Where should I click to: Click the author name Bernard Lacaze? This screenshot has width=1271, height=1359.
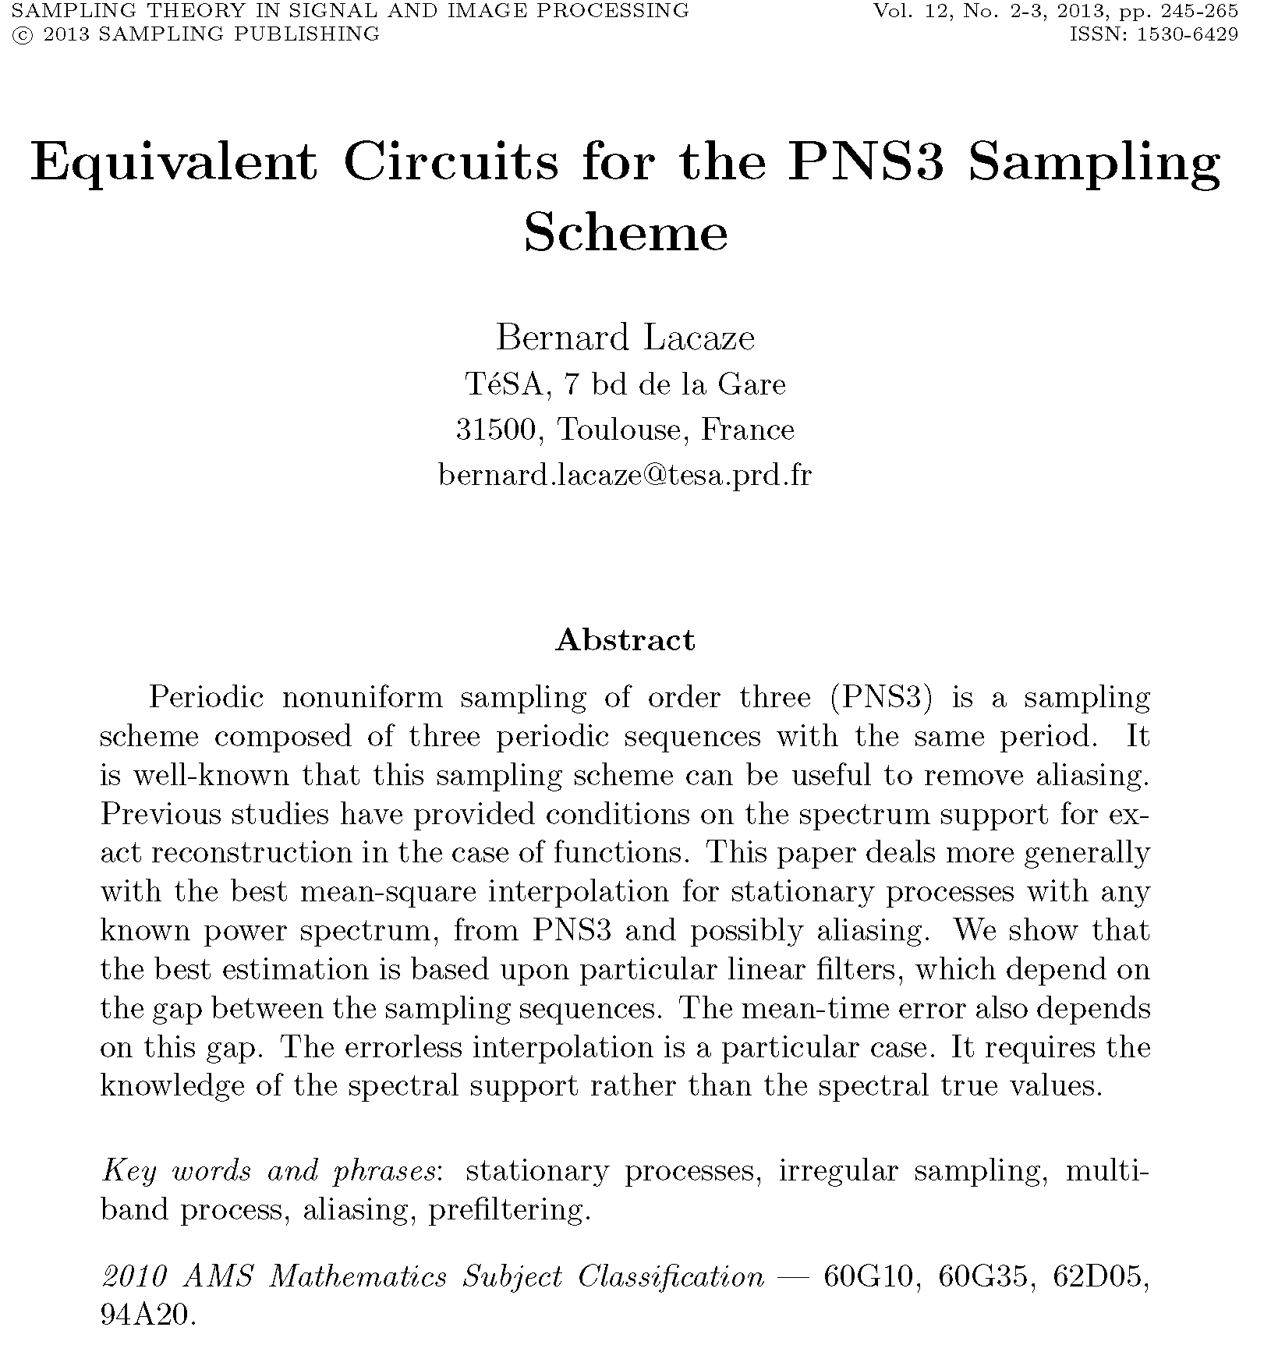click(625, 338)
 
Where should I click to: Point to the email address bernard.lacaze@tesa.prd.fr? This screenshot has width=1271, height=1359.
click(625, 475)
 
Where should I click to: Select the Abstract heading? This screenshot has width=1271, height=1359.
click(625, 640)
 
